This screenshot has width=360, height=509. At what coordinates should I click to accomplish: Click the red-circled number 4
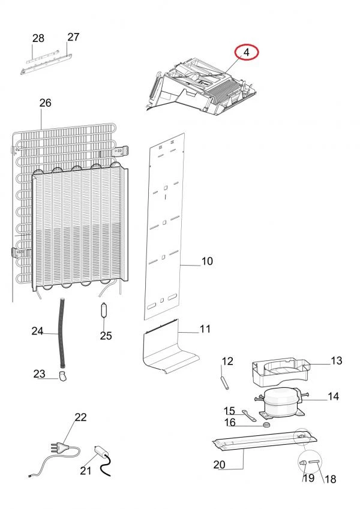pyautogui.click(x=247, y=52)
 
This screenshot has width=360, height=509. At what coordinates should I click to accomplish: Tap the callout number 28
pyautogui.click(x=38, y=38)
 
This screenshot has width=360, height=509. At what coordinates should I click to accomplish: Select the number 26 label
pyautogui.click(x=45, y=103)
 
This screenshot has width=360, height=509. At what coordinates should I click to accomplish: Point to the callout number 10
pyautogui.click(x=207, y=261)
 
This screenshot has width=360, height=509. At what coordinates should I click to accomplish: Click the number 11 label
pyautogui.click(x=205, y=329)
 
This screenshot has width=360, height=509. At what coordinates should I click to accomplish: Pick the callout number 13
pyautogui.click(x=337, y=361)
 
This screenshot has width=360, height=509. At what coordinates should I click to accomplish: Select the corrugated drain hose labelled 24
pyautogui.click(x=61, y=332)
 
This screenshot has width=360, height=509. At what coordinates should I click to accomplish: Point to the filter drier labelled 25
pyautogui.click(x=104, y=310)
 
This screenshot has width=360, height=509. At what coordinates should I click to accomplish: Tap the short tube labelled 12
pyautogui.click(x=224, y=382)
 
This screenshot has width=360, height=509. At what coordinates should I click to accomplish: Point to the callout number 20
pyautogui.click(x=220, y=465)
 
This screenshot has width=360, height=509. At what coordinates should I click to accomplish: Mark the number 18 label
pyautogui.click(x=331, y=479)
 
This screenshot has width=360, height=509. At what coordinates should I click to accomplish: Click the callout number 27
pyautogui.click(x=73, y=37)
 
